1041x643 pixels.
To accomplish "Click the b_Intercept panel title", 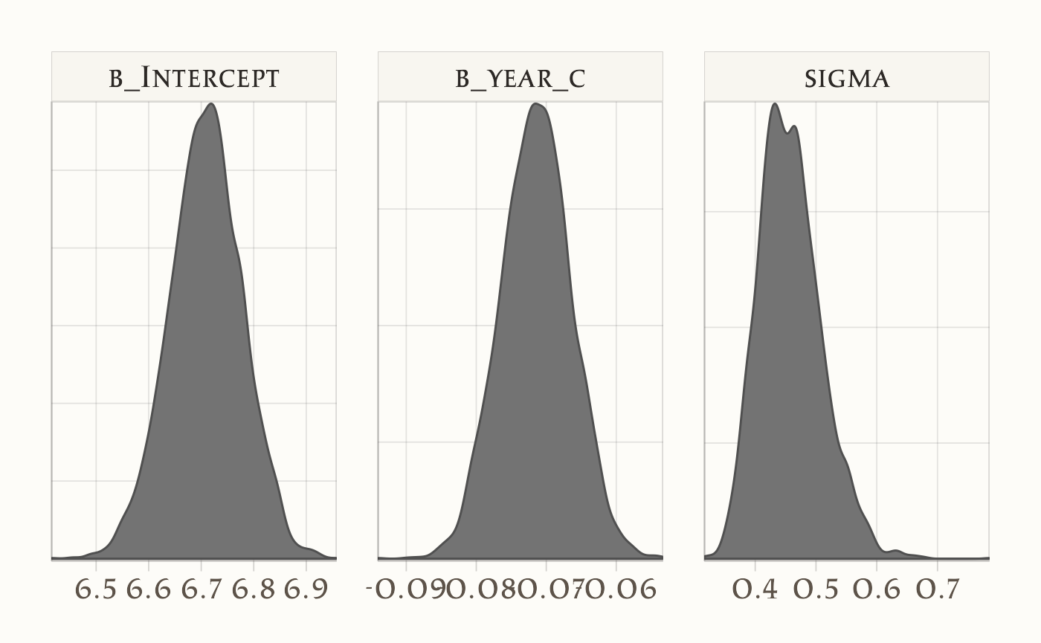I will pos(194,77).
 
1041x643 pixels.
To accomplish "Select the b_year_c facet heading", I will pos(520,77).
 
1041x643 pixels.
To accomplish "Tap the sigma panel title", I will pos(847,77).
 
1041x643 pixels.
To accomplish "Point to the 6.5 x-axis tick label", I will pos(97,589).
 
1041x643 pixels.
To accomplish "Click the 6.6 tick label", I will pos(149,589).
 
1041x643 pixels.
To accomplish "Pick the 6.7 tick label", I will pos(202,589).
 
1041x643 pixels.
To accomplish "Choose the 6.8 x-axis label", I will pos(254,589).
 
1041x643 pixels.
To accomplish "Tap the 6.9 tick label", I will pos(306,589).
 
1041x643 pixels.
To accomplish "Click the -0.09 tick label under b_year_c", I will pos(405,589).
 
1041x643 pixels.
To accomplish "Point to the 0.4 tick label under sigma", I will pos(755,589).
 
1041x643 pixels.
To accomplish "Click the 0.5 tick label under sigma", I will pos(816,589).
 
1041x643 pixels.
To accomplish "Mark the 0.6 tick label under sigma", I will pos(877,589).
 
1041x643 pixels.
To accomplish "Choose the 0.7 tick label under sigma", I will pos(938,589).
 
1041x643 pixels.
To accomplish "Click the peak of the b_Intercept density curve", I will pos(212,104).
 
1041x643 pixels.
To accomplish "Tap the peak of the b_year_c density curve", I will pos(536,104).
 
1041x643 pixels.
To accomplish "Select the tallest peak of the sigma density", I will pos(775,104).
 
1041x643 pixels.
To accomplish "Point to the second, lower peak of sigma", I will pos(795,126).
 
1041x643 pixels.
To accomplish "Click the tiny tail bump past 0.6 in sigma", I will pos(897,551).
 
